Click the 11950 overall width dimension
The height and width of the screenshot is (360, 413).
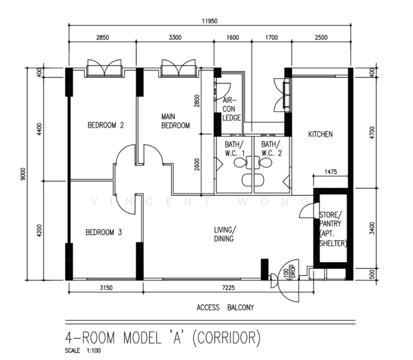[x=210, y=21]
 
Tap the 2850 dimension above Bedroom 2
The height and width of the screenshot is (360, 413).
[x=103, y=37]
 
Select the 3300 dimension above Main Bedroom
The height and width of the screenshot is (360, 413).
[x=175, y=37]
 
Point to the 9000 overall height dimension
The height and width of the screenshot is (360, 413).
[x=23, y=174]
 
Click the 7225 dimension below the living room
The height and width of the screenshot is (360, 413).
[x=228, y=287]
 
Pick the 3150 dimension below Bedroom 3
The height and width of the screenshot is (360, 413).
[x=106, y=287]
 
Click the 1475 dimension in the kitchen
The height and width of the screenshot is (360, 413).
[x=330, y=172]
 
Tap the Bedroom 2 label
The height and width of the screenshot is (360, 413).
[x=105, y=125]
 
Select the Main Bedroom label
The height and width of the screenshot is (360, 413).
[x=176, y=121]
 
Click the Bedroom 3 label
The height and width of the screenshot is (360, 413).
[x=104, y=232]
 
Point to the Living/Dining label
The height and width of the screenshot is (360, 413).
[x=225, y=234]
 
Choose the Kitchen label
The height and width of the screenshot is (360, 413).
[x=320, y=134]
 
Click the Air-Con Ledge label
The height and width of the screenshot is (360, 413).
[x=231, y=109]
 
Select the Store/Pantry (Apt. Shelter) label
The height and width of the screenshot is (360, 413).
[x=333, y=229]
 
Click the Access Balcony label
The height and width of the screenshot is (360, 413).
[x=225, y=308]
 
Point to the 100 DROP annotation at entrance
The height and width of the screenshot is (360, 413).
[x=290, y=272]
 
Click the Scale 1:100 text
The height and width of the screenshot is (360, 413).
[x=83, y=351]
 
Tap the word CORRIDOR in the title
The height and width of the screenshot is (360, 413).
[x=227, y=338]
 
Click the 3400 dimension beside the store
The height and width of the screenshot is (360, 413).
[x=372, y=228]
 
